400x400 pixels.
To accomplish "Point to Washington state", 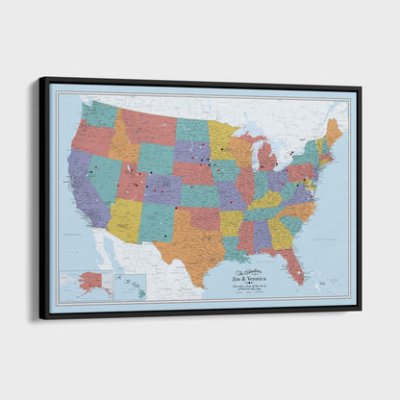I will click(x=99, y=114).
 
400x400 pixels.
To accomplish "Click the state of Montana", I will click(x=147, y=126).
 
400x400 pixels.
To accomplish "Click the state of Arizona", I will click(x=124, y=220).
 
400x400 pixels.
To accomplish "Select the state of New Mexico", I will click(x=156, y=222).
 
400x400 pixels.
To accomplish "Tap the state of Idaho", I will click(x=122, y=145).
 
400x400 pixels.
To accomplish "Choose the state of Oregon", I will click(x=90, y=139).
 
